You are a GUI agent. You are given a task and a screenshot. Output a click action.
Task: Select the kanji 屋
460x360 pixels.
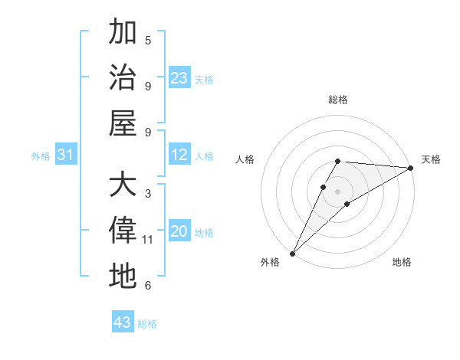coord(123,123)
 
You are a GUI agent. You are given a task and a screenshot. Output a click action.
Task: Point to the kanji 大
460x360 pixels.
coord(123,185)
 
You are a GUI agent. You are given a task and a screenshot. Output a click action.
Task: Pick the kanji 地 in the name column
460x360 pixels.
coord(123,276)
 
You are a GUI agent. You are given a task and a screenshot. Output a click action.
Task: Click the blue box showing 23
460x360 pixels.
coord(179,77)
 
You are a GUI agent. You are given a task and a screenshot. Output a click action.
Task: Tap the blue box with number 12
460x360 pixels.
coord(179,155)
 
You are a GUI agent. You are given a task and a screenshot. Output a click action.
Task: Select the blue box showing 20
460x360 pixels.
coord(179,231)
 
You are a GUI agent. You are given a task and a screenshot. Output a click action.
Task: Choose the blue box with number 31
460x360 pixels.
coord(66,155)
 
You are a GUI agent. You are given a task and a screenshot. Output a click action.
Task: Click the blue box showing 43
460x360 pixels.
coord(123,322)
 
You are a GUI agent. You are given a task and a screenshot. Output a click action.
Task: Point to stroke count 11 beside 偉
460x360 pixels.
coord(148,240)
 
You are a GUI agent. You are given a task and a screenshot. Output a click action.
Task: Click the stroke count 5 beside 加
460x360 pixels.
coord(148,40)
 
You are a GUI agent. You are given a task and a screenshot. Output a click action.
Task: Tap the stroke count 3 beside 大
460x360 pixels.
coord(148,194)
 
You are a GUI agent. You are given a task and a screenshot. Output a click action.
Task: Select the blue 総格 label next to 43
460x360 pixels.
coord(147,324)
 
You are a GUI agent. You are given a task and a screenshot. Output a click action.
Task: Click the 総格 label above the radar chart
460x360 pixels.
coord(338,100)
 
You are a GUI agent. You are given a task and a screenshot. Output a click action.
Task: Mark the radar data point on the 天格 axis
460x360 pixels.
coord(411,169)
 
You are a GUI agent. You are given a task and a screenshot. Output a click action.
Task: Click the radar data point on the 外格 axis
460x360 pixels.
coord(292,253)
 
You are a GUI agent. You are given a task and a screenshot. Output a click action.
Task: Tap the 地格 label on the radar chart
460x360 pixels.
coord(402,262)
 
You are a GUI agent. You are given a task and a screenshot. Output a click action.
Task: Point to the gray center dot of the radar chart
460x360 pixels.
coord(338,191)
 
